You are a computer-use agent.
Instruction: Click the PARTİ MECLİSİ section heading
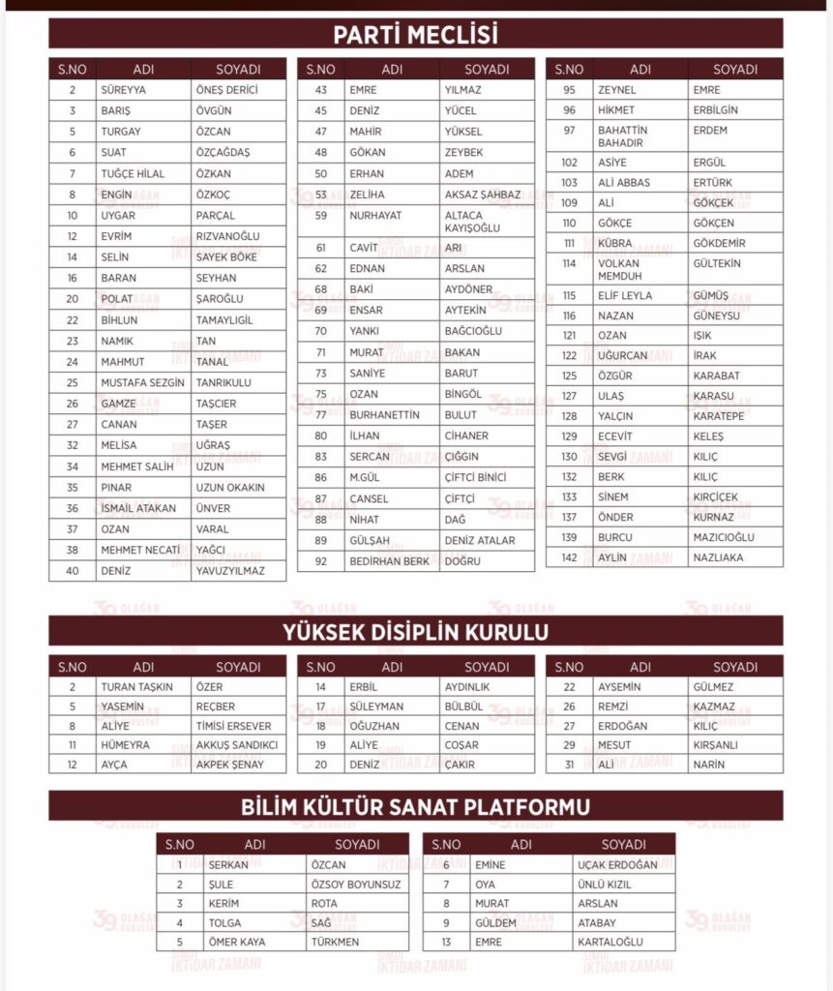[x=416, y=36]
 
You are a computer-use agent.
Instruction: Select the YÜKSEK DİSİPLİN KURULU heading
[x=416, y=632]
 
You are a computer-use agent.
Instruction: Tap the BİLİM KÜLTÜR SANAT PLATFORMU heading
[x=416, y=806]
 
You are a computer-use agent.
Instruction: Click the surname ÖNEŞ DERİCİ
[x=227, y=90]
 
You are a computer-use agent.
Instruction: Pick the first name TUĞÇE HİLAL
[x=133, y=173]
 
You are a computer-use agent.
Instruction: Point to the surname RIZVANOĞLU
[x=227, y=236]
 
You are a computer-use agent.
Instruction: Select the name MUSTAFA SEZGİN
[x=142, y=382]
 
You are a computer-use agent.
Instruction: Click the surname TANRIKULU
[x=223, y=382]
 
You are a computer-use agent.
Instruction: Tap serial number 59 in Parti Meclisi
[x=320, y=215]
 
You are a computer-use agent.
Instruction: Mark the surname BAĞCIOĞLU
[x=473, y=331]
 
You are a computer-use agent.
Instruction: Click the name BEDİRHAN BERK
[x=389, y=561]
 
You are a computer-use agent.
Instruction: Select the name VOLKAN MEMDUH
[x=619, y=269]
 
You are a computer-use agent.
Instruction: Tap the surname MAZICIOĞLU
[x=724, y=537]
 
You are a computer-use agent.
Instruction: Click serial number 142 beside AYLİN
[x=569, y=558]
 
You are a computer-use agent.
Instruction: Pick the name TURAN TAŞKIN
[x=135, y=687]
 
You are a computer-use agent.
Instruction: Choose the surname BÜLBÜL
[x=463, y=706]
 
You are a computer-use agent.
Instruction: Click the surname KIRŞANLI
[x=715, y=745]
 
